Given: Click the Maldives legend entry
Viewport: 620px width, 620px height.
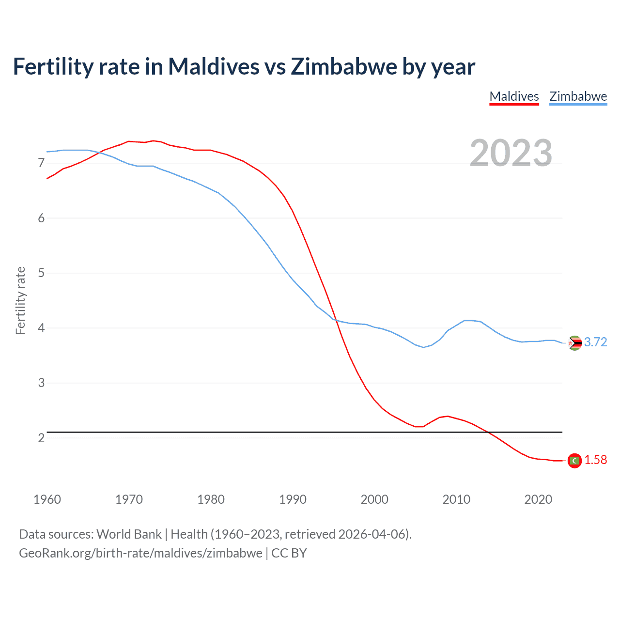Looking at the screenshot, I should [514, 96].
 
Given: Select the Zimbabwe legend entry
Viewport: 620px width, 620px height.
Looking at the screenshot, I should [578, 96].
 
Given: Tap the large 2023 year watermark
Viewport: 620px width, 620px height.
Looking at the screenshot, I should [511, 153].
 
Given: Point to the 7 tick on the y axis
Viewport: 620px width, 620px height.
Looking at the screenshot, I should [41, 163].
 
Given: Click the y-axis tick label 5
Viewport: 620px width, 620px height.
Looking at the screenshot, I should [41, 273].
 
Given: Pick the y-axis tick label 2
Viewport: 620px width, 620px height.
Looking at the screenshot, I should [41, 438].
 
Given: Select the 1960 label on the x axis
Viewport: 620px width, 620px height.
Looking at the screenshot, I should [47, 499].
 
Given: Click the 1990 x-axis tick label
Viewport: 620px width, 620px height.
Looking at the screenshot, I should [293, 499].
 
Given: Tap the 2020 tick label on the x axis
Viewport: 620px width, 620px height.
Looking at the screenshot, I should [538, 499].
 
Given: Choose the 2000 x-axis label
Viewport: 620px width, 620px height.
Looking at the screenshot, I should [374, 499].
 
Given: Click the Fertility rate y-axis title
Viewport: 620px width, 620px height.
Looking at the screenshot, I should [20, 300].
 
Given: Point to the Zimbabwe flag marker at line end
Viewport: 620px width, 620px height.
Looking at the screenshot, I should [574, 343].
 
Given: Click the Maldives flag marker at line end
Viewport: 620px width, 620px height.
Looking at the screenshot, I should [574, 461].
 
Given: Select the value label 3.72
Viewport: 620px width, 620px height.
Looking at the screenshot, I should [595, 342].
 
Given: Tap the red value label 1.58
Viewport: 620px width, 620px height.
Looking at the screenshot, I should [595, 460].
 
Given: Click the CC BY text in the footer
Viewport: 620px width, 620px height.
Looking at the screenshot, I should [289, 553].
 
